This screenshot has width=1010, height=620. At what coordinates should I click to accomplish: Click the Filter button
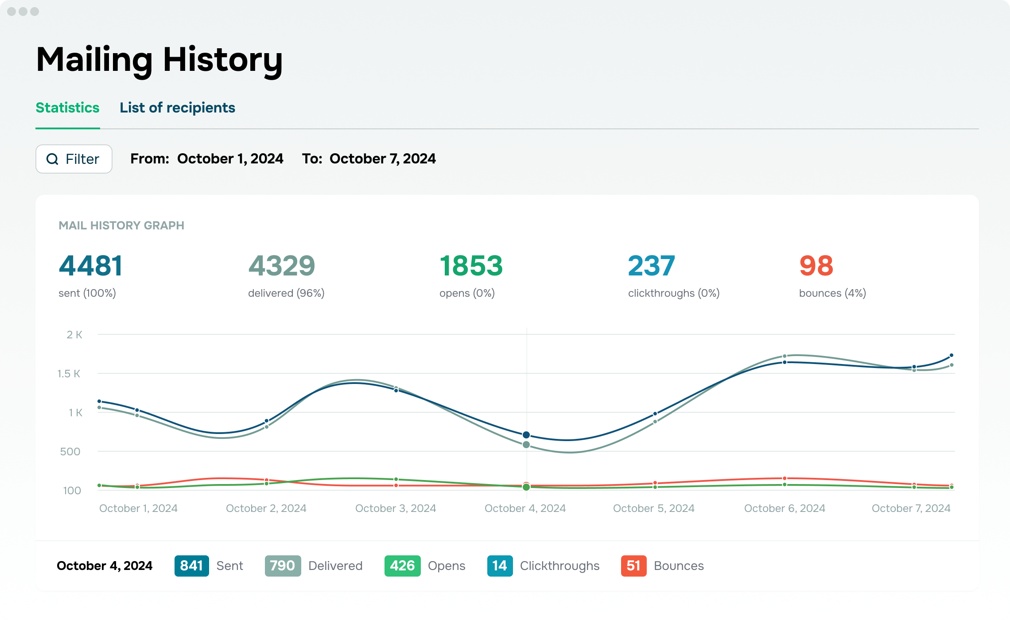tap(74, 159)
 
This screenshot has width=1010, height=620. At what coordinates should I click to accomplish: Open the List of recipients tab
tap(177, 108)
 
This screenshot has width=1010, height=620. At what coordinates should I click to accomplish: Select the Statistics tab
tap(67, 108)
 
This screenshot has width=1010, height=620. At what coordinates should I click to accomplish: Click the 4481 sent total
tap(90, 266)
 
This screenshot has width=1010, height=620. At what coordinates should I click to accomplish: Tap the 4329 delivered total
tap(282, 266)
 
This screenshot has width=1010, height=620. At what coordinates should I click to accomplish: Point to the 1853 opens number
tap(471, 266)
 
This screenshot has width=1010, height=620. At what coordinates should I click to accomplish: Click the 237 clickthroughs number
tap(652, 266)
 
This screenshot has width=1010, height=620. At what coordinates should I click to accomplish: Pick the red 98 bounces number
tap(816, 266)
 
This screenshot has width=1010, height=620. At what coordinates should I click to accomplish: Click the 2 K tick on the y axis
tap(74, 335)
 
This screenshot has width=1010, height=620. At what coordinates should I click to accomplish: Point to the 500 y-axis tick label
tap(70, 452)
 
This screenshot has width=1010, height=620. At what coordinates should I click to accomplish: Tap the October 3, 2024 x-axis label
tap(396, 508)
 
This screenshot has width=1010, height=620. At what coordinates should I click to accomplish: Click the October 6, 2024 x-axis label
tap(785, 508)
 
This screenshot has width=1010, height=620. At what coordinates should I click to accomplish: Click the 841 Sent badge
tap(191, 566)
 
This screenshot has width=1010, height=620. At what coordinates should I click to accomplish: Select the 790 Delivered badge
tap(283, 566)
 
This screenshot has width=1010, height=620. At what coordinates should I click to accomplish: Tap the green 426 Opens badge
tap(402, 566)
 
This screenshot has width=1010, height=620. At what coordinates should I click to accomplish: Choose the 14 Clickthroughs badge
tap(500, 566)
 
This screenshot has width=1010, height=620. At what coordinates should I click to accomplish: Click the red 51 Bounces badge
tap(633, 566)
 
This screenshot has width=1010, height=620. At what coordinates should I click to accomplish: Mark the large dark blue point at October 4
tap(526, 435)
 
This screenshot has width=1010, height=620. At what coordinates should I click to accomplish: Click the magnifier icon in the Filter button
tap(52, 159)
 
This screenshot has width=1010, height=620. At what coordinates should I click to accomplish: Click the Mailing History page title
tap(159, 60)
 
